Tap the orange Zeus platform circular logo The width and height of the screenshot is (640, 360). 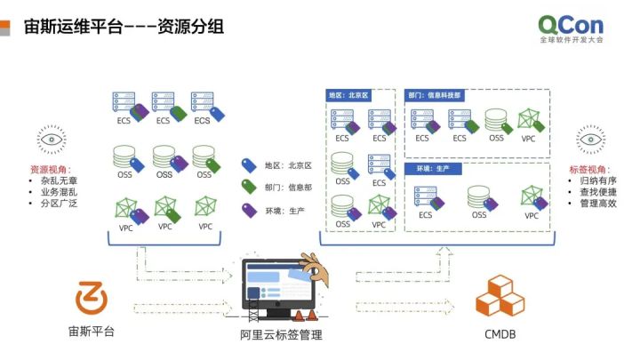pos(91,298)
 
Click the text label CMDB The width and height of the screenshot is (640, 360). pos(500,335)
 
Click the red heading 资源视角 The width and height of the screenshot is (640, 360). pos(52,169)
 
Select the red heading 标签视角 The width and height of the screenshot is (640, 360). pos(588,169)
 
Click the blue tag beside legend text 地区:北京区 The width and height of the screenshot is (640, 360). pos(249,165)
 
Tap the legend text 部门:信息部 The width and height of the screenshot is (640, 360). pos(288,188)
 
